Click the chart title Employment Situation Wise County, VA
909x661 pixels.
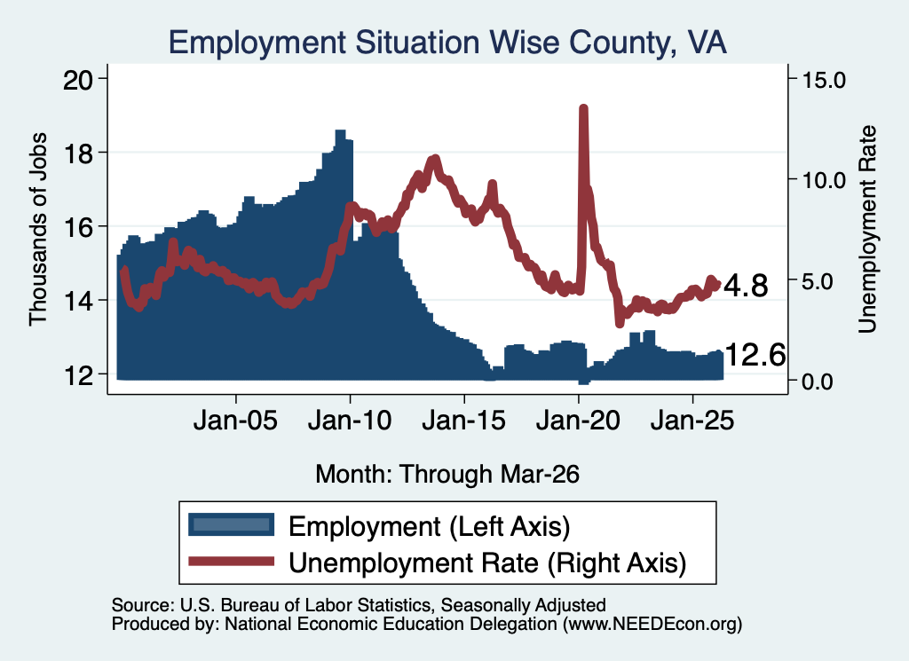point(447,43)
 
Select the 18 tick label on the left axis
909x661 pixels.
point(78,153)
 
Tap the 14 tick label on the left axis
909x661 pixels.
point(78,302)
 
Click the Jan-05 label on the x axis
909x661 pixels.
point(235,421)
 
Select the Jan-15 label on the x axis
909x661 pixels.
point(463,421)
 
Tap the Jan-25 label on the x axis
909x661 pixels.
point(692,421)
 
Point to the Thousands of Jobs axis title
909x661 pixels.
point(37,230)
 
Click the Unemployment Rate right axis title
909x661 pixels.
point(866,230)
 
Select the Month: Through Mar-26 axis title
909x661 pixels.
point(447,474)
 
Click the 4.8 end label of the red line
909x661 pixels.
point(746,286)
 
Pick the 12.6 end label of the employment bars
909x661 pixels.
point(755,355)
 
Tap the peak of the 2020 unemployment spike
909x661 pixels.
point(584,107)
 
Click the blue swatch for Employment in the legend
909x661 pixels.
point(232,525)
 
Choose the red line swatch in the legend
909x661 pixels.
point(232,561)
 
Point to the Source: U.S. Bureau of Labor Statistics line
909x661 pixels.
point(359,605)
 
